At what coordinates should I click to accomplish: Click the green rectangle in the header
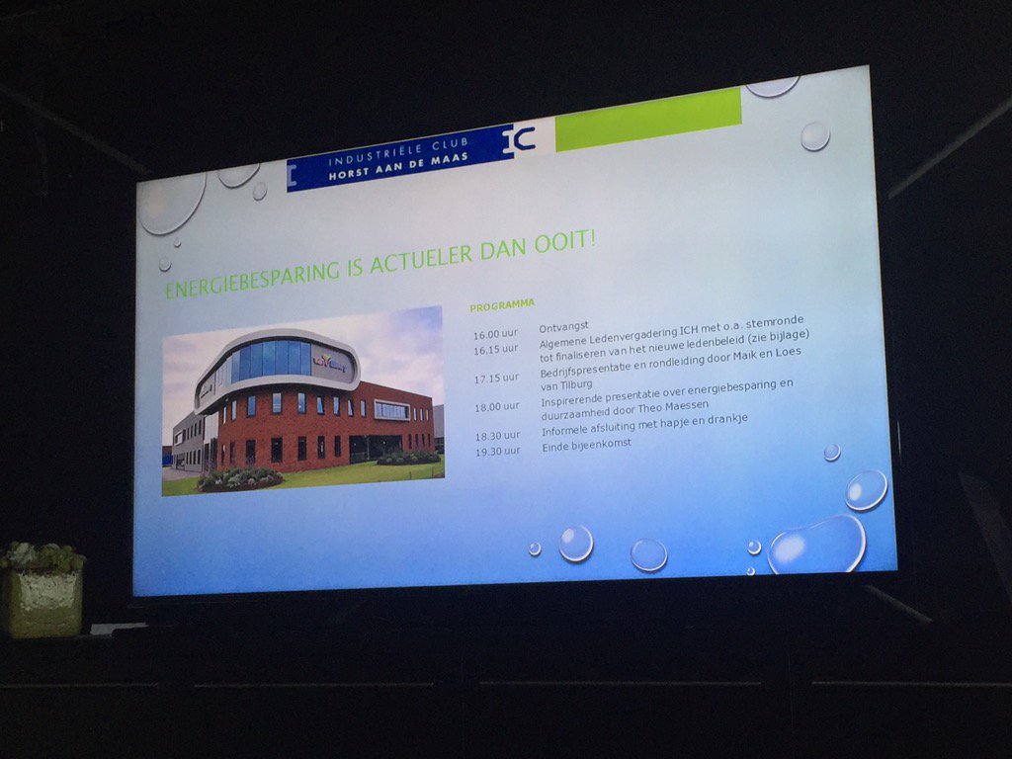coord(647,120)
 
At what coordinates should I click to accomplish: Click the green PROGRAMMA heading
coord(502,304)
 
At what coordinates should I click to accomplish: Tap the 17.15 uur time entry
coord(496,378)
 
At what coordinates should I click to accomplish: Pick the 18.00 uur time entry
coord(496,406)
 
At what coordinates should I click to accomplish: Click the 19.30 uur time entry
coord(497,451)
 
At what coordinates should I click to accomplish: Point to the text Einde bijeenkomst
coord(586,446)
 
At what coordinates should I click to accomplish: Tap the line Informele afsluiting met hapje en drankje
coord(644,425)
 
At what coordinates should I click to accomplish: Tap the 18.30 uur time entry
coord(497,436)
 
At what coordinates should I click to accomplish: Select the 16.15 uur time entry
coord(496,349)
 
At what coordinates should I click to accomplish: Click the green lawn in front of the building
coord(326,474)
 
